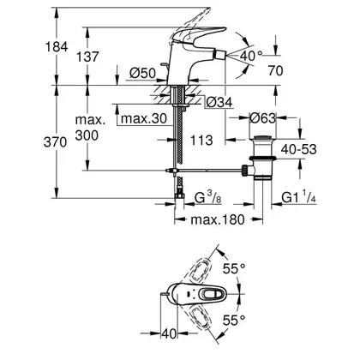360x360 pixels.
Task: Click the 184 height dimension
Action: click(x=57, y=46)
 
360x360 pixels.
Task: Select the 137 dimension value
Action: click(x=87, y=57)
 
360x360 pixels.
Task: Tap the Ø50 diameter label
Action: click(x=142, y=74)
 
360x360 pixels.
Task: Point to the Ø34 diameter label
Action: click(x=219, y=102)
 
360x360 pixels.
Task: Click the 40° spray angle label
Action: click(x=251, y=56)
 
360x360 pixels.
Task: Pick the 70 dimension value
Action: click(x=275, y=70)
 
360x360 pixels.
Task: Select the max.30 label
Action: click(x=143, y=118)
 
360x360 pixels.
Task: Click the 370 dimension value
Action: click(x=55, y=142)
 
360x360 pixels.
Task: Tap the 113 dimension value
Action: click(x=201, y=140)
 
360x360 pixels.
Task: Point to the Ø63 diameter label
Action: click(x=263, y=117)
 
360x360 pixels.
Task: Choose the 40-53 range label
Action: click(x=299, y=149)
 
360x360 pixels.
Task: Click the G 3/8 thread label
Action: click(x=208, y=198)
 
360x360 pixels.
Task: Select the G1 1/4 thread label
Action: click(x=299, y=198)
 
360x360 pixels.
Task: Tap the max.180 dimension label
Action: click(x=218, y=219)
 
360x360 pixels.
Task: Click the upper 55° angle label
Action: click(x=234, y=268)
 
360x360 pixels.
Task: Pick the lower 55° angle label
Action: click(x=234, y=320)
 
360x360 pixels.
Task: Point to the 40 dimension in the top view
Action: click(x=169, y=333)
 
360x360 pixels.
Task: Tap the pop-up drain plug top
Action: click(x=262, y=138)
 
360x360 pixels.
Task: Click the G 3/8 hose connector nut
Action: click(x=179, y=195)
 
